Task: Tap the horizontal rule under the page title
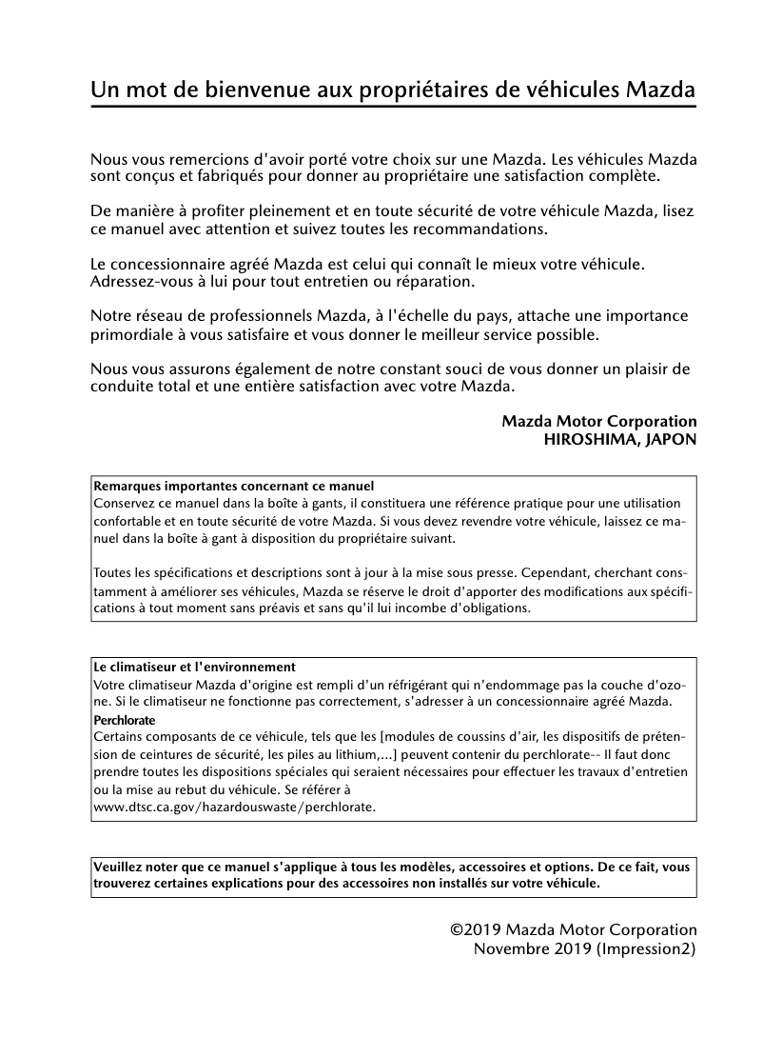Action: click(x=393, y=107)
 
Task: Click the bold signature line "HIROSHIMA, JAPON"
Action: click(x=619, y=439)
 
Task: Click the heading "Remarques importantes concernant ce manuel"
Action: click(x=234, y=486)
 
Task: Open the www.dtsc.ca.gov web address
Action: click(x=235, y=807)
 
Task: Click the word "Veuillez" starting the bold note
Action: click(x=119, y=868)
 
